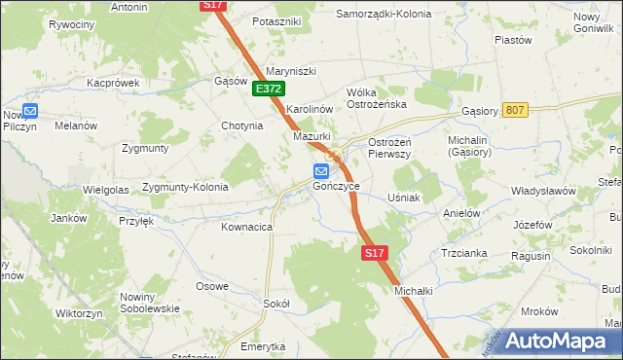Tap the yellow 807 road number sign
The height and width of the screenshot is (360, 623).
coord(516,110)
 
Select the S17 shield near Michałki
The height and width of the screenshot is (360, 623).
coord(375,253)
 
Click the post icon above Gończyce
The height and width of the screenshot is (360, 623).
coord(321,171)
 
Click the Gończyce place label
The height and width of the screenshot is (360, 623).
coord(337,186)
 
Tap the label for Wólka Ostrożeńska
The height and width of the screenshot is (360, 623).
coord(376,98)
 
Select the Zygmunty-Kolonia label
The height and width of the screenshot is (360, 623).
coord(185,187)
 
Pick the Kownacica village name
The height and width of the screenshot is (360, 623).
coord(246,227)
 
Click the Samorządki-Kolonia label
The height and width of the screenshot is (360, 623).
coord(383,15)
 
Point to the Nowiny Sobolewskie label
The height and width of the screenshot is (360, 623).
coord(150,303)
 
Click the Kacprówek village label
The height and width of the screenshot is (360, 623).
coord(113,83)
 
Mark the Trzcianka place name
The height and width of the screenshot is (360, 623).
coord(463,252)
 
